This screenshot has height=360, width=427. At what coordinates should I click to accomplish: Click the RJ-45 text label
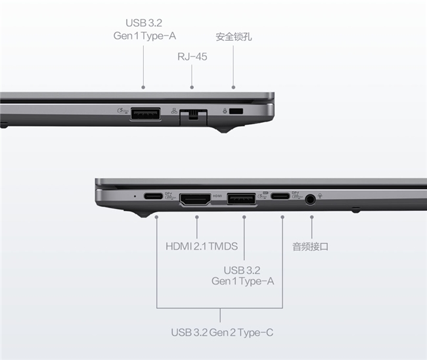(x=192, y=56)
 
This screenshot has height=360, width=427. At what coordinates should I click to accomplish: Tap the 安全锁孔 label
(x=234, y=37)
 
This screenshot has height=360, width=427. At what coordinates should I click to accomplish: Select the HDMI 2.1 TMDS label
(x=202, y=246)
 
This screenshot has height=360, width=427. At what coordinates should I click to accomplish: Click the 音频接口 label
(x=310, y=247)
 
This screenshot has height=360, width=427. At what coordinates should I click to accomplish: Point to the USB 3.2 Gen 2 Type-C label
(x=222, y=332)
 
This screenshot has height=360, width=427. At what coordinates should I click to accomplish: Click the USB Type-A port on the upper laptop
(x=145, y=114)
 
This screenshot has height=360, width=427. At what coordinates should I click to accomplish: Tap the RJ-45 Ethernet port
(x=193, y=117)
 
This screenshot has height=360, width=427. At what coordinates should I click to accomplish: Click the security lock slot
(x=236, y=111)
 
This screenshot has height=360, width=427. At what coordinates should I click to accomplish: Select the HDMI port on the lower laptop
(x=195, y=199)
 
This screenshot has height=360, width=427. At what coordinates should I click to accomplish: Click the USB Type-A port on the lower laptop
(x=241, y=198)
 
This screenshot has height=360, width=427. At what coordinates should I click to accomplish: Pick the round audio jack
(x=310, y=199)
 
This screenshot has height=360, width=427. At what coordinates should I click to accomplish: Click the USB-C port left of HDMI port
(x=153, y=196)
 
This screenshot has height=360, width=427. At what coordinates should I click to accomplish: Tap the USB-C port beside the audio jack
(x=280, y=196)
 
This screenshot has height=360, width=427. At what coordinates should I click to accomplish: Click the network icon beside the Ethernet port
(x=174, y=110)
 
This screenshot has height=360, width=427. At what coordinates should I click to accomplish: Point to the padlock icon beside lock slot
(x=225, y=111)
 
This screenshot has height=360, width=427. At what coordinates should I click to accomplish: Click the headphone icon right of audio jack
(x=321, y=196)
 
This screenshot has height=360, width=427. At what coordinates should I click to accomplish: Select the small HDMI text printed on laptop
(x=217, y=196)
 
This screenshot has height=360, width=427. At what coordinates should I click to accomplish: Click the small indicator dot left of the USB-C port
(x=135, y=196)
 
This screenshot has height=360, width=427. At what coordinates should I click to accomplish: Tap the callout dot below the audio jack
(x=312, y=217)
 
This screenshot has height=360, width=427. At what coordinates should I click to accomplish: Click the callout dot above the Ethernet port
(x=192, y=87)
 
